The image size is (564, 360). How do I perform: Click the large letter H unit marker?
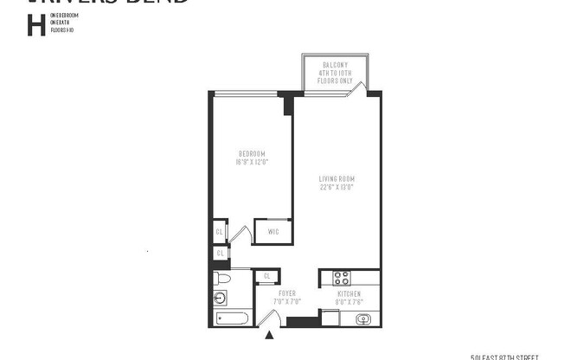coord(35,25)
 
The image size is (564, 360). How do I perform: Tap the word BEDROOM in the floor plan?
coord(251,154)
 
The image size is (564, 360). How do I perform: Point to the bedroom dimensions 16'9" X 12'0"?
coord(251,162)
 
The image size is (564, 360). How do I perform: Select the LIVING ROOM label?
coord(337,179)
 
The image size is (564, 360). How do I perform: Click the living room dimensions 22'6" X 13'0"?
coord(337,187)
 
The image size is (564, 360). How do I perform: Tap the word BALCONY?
coord(335,65)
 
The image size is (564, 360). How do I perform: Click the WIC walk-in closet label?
coord(272,231)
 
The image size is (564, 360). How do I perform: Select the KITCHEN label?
coord(349,294)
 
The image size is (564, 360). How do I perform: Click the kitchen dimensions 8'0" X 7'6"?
coord(349,302)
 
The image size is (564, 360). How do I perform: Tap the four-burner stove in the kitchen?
coord(341,278)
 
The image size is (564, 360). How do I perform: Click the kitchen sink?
coord(364,319)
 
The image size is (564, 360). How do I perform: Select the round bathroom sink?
coord(220,299)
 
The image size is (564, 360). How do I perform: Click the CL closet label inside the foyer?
coord(266,276)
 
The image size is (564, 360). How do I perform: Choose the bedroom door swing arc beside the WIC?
coord(243,235)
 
